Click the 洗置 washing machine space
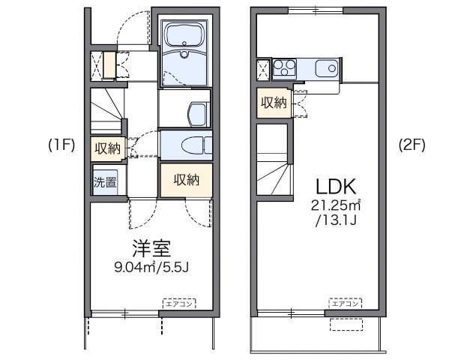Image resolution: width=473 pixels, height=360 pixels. [x=104, y=181]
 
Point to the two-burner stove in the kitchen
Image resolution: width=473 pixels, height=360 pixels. [x=286, y=69]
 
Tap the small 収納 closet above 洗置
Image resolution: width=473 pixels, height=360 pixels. [x=106, y=148]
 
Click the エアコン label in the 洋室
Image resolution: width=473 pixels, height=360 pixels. [x=179, y=303]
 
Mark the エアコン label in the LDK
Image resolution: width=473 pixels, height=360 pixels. [x=344, y=303]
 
